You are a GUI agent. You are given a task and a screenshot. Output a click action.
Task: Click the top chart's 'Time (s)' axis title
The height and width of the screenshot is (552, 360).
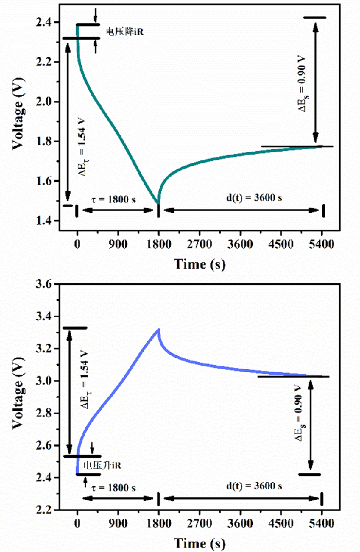pos(200,264)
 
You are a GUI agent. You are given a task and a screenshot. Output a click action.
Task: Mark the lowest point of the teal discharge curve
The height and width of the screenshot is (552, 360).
pos(158,203)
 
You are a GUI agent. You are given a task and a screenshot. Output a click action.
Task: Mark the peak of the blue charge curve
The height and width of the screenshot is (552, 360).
pos(159,329)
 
